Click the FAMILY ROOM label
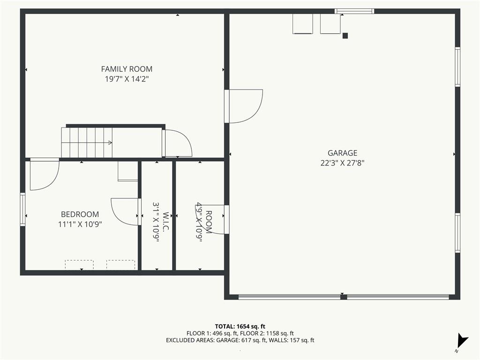127,69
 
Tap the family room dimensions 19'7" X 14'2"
127,79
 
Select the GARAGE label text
342,153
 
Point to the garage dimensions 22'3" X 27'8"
342,163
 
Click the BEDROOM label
80,214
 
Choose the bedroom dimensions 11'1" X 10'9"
80,224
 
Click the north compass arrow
462,340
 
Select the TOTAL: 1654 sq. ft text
240,326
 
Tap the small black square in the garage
345,36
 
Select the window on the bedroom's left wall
22,210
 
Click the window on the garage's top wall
354,11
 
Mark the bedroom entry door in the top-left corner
45,174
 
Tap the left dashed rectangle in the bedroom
79,265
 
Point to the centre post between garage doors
344,297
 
